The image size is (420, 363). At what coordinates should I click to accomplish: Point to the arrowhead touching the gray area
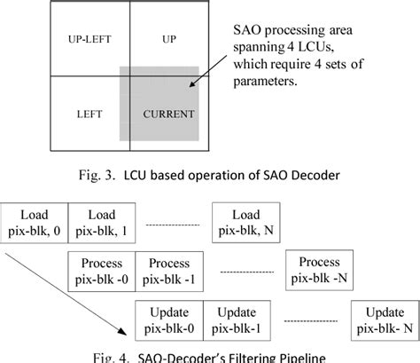pos(190,87)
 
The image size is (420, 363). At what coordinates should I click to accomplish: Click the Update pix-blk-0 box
pos(168,318)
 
